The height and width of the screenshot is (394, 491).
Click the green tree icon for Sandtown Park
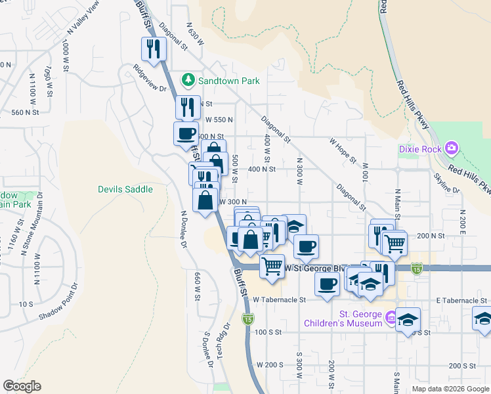[x=188, y=80]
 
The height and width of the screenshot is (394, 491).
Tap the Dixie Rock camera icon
[x=451, y=148]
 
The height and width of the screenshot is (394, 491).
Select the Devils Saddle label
[x=125, y=189]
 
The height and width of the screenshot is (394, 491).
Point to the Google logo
[x=22, y=385]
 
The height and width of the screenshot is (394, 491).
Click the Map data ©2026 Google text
[x=450, y=389]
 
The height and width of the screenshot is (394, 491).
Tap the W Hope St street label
[x=343, y=150]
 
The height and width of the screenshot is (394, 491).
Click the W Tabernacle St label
[x=280, y=299]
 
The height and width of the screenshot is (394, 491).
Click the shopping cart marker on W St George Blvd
[x=272, y=266]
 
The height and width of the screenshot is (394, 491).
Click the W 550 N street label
[x=219, y=120]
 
